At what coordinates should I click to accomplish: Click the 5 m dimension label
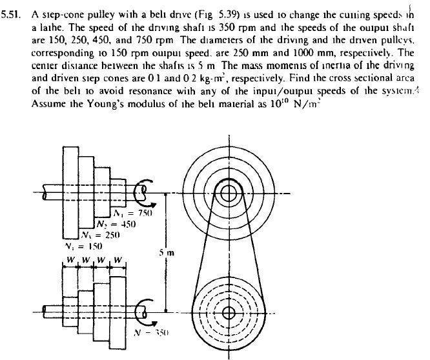click(x=167, y=252)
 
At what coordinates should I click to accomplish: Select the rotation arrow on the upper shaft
click(x=142, y=192)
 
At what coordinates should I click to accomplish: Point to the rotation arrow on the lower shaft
click(x=143, y=312)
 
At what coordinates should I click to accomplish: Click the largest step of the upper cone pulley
click(x=70, y=192)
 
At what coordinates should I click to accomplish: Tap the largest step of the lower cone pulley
click(x=117, y=312)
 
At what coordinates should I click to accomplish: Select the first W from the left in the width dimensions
click(x=69, y=261)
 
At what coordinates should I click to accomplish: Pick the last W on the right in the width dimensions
click(x=117, y=261)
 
